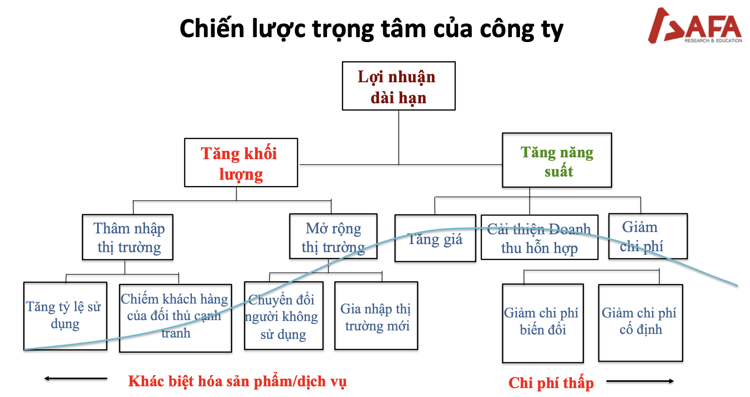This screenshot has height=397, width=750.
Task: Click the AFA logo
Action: coord(695,25)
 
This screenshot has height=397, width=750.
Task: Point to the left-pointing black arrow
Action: coord(76,379)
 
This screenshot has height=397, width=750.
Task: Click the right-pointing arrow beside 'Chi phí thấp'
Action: coord(640,381)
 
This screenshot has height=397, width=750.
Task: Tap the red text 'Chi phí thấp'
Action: coord(551,383)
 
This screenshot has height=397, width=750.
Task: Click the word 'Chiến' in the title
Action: coord(212,29)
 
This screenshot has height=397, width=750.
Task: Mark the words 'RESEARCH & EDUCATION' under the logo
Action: coord(713,41)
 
